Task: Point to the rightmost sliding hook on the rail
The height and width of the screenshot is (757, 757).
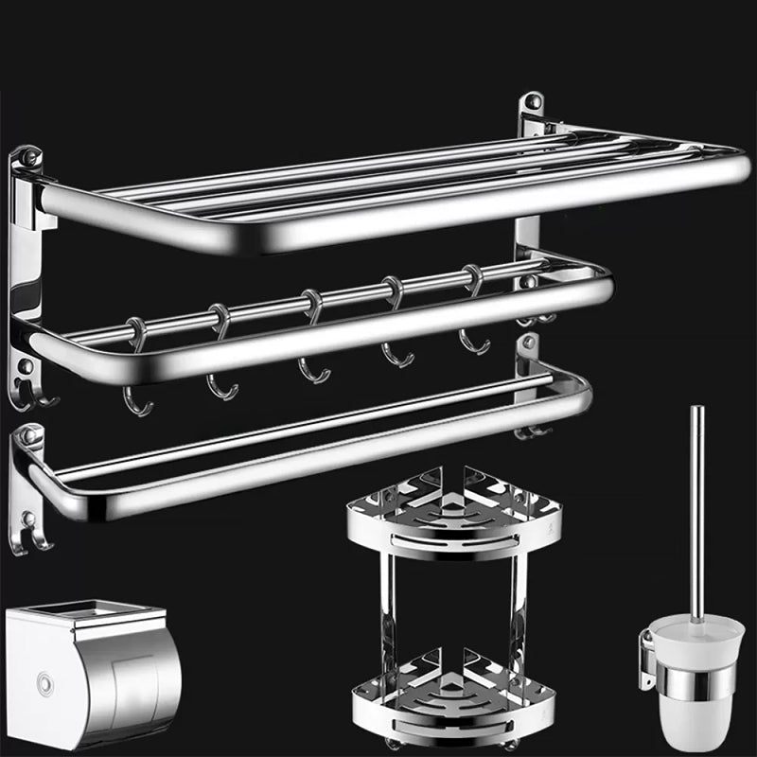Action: coord(473,322)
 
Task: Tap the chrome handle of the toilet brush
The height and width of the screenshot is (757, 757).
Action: coord(696,511)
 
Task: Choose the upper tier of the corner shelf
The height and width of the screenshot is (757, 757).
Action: coord(454,516)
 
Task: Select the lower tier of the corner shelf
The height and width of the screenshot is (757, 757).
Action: coord(454,695)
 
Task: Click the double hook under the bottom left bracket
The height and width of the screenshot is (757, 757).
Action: coord(38,537)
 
